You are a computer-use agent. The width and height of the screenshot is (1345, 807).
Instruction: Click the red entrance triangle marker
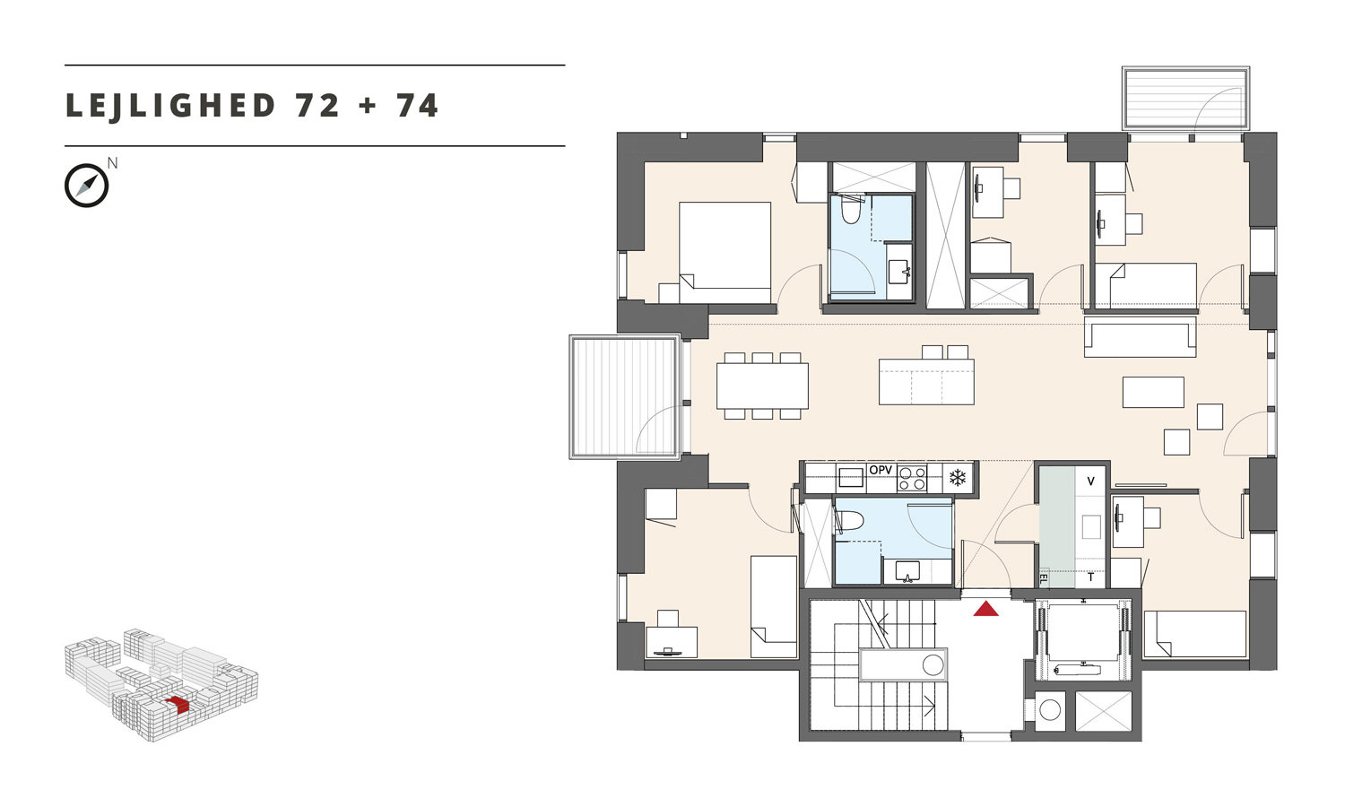click(x=985, y=609)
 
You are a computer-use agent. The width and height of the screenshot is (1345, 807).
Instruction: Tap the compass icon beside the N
click(x=86, y=186)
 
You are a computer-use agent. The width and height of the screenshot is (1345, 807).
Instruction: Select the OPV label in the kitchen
click(x=881, y=470)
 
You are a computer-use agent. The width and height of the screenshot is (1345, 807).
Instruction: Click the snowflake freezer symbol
click(x=957, y=478)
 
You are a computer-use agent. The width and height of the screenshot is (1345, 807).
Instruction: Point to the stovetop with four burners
click(x=912, y=479)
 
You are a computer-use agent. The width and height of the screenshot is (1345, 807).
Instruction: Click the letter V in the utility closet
click(x=1091, y=481)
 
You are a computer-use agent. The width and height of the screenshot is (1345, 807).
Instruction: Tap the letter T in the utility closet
click(x=1091, y=577)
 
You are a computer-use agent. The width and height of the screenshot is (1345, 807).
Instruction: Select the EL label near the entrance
click(x=1043, y=579)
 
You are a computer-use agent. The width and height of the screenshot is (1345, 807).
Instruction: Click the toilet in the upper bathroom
click(x=850, y=209)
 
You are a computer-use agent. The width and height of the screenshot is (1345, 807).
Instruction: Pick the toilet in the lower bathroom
click(x=849, y=520)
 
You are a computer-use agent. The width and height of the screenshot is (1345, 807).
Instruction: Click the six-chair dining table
click(x=762, y=386)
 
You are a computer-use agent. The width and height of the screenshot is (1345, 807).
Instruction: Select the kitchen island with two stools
click(x=926, y=376)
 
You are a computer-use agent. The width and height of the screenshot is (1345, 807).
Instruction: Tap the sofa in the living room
click(x=1140, y=337)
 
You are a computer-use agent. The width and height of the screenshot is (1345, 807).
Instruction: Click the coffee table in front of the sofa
click(x=1153, y=392)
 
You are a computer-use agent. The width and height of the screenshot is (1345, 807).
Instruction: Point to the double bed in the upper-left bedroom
click(x=725, y=252)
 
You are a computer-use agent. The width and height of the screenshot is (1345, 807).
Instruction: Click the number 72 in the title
click(x=317, y=106)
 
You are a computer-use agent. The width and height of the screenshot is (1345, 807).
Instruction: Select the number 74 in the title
click(x=417, y=106)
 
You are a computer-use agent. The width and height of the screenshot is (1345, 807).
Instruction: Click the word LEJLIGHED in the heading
click(x=170, y=107)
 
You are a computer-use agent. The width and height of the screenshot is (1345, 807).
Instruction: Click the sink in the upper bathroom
click(x=899, y=272)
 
